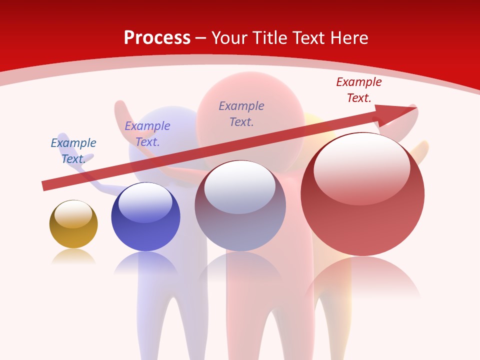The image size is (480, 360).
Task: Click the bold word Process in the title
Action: tap(157, 38)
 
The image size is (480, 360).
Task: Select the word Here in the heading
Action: tap(348, 38)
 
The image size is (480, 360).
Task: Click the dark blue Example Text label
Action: tap(73, 151)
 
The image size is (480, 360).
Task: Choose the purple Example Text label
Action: tap(147, 134)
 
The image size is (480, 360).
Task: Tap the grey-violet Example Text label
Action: tap(241, 114)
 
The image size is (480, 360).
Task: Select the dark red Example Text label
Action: tap(359, 90)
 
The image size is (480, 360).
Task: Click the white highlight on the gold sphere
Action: tap(73, 214)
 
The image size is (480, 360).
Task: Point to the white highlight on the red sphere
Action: tap(361, 169)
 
